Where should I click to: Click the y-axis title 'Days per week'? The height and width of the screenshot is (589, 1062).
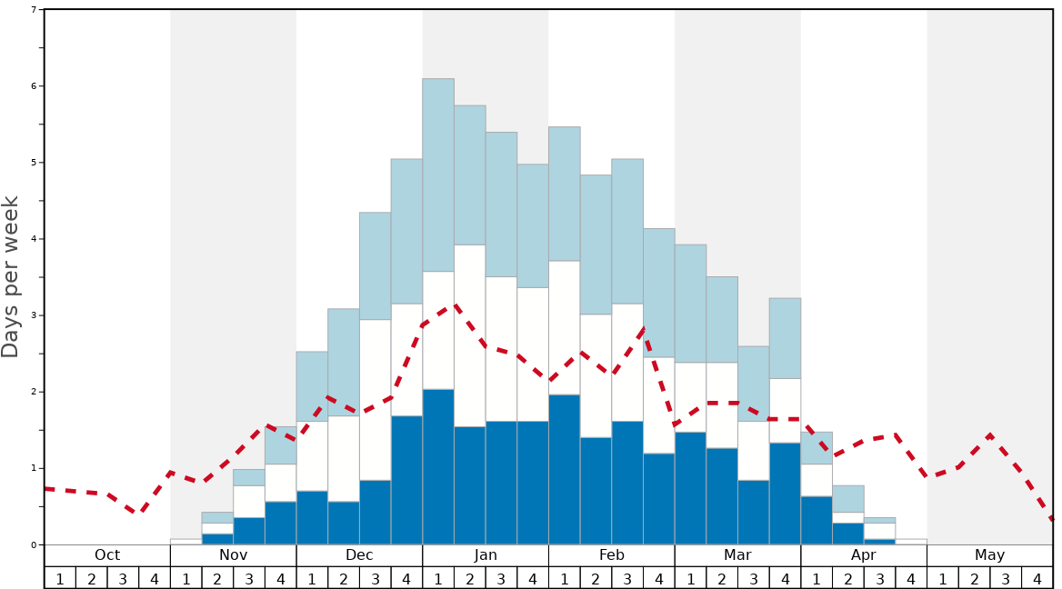pyautogui.click(x=11, y=276)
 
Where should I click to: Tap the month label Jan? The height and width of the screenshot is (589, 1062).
pyautogui.click(x=486, y=555)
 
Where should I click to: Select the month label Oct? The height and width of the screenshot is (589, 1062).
pyautogui.click(x=107, y=555)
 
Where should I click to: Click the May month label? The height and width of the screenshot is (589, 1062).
pyautogui.click(x=989, y=555)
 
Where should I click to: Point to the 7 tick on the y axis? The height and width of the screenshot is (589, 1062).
pyautogui.click(x=34, y=10)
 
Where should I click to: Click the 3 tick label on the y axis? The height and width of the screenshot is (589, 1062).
pyautogui.click(x=34, y=315)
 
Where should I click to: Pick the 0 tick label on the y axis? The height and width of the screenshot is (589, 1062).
pyautogui.click(x=34, y=544)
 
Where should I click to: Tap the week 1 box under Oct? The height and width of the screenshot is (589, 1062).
pyautogui.click(x=60, y=578)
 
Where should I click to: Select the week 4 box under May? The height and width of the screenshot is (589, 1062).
pyautogui.click(x=1037, y=578)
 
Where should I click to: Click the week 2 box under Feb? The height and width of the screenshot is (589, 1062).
pyautogui.click(x=596, y=578)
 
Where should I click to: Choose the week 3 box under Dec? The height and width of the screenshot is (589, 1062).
pyautogui.click(x=376, y=578)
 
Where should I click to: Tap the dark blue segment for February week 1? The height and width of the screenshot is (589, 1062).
pyautogui.click(x=564, y=469)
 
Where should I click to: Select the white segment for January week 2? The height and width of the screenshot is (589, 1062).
pyautogui.click(x=470, y=335)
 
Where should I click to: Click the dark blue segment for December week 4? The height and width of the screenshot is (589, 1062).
pyautogui.click(x=406, y=480)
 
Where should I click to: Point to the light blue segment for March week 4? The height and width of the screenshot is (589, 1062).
pyautogui.click(x=785, y=338)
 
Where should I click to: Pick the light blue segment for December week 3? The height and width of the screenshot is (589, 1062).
pyautogui.click(x=376, y=265)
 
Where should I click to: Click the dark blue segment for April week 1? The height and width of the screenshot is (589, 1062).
pyautogui.click(x=817, y=520)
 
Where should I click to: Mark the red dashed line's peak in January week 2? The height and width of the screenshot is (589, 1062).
pyautogui.click(x=455, y=305)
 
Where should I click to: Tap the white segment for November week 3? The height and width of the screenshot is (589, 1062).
pyautogui.click(x=249, y=502)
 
